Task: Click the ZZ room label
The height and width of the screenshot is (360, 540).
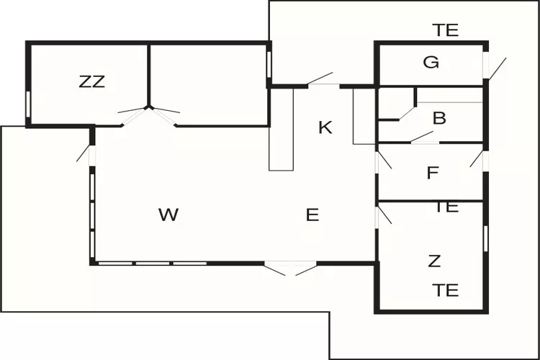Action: (x=92, y=81)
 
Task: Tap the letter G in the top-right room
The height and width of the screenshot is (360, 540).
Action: (x=431, y=63)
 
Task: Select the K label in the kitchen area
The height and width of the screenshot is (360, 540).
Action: (x=325, y=128)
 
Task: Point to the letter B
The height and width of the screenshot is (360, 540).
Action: (x=439, y=118)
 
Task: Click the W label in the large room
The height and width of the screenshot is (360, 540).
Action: (x=168, y=214)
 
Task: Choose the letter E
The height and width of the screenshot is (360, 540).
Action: (x=312, y=215)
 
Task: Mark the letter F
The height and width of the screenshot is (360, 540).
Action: (x=433, y=173)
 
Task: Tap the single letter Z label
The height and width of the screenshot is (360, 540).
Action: (x=434, y=261)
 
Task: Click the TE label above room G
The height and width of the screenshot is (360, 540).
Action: (x=446, y=30)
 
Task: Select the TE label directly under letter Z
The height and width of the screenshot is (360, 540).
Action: (x=446, y=290)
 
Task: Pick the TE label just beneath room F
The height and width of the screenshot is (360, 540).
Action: (x=446, y=207)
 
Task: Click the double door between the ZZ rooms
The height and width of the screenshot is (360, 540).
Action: (x=149, y=112)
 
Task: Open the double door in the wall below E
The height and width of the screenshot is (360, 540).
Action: (x=290, y=267)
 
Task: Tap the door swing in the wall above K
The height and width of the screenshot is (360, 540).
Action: (x=320, y=79)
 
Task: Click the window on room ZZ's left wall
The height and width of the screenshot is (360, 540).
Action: (x=28, y=102)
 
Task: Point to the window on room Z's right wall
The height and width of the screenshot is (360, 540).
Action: (x=486, y=238)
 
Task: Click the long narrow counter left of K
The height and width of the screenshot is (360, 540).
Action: (x=281, y=128)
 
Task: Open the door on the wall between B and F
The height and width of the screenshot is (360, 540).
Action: (x=423, y=137)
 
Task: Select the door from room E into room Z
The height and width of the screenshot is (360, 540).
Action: (x=382, y=216)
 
